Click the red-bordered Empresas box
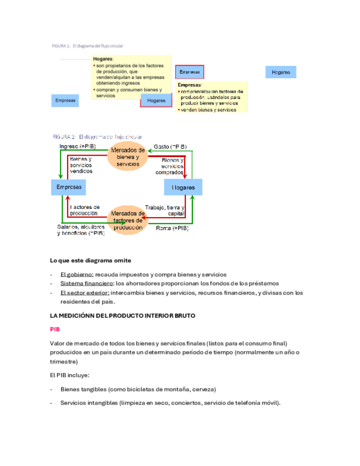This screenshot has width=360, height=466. click(190, 72)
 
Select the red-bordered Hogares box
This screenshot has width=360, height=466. click(157, 101)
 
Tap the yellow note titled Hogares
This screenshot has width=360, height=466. click(131, 77)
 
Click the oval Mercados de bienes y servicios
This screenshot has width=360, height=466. click(128, 157)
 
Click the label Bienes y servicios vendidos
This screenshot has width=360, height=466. click(81, 165)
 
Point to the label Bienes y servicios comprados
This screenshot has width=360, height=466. click(173, 165)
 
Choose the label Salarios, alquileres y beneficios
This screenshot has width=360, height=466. click(81, 230)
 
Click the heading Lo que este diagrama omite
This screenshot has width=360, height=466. click(90, 260)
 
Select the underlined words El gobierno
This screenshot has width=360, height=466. click(77, 274)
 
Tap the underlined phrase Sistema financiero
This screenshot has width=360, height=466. click(85, 284)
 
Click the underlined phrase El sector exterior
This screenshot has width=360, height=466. click(84, 293)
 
